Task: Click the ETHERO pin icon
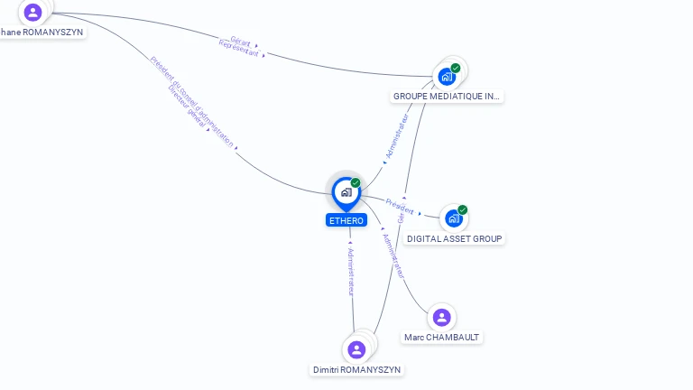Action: pos(346,191)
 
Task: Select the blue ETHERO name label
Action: pos(346,220)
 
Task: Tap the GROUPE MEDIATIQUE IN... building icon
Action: pos(447,76)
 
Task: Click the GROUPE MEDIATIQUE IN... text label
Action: pos(447,96)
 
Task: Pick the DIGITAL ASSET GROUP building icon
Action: pos(453,218)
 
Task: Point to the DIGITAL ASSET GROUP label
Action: pos(455,238)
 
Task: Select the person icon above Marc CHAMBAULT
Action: pos(441,317)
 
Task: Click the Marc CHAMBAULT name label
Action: pos(442,337)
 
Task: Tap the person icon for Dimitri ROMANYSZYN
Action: pos(356,349)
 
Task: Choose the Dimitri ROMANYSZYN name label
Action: pos(357,369)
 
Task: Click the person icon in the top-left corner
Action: pos(33,12)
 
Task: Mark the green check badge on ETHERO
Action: pos(356,182)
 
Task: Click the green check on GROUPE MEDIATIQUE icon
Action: pos(456,68)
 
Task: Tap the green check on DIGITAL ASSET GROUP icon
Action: pos(463,209)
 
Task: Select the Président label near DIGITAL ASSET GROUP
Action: pos(399,205)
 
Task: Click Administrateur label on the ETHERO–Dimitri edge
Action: pos(351,271)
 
